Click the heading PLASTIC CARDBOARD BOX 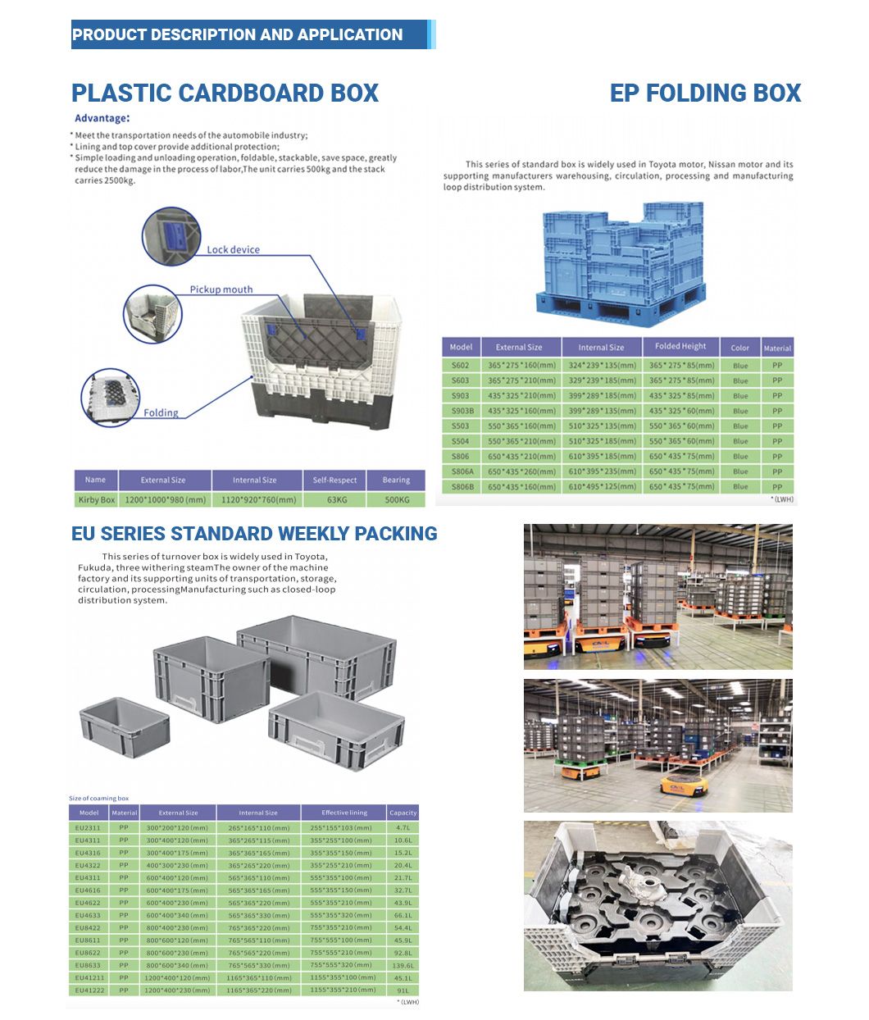tap(225, 93)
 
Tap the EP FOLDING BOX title tap(705, 93)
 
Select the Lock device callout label tap(233, 249)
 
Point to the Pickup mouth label tap(221, 289)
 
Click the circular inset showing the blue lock tap(171, 237)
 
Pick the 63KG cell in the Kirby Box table tap(336, 499)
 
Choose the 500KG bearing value tap(397, 499)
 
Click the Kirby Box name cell tap(96, 499)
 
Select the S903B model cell tap(461, 411)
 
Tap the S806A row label tap(461, 471)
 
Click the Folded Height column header tap(680, 347)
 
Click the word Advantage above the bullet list tap(101, 118)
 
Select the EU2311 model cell tap(89, 827)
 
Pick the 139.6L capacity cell tap(403, 966)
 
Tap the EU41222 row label tap(89, 990)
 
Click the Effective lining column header tap(344, 813)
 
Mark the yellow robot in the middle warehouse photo tap(683, 786)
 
